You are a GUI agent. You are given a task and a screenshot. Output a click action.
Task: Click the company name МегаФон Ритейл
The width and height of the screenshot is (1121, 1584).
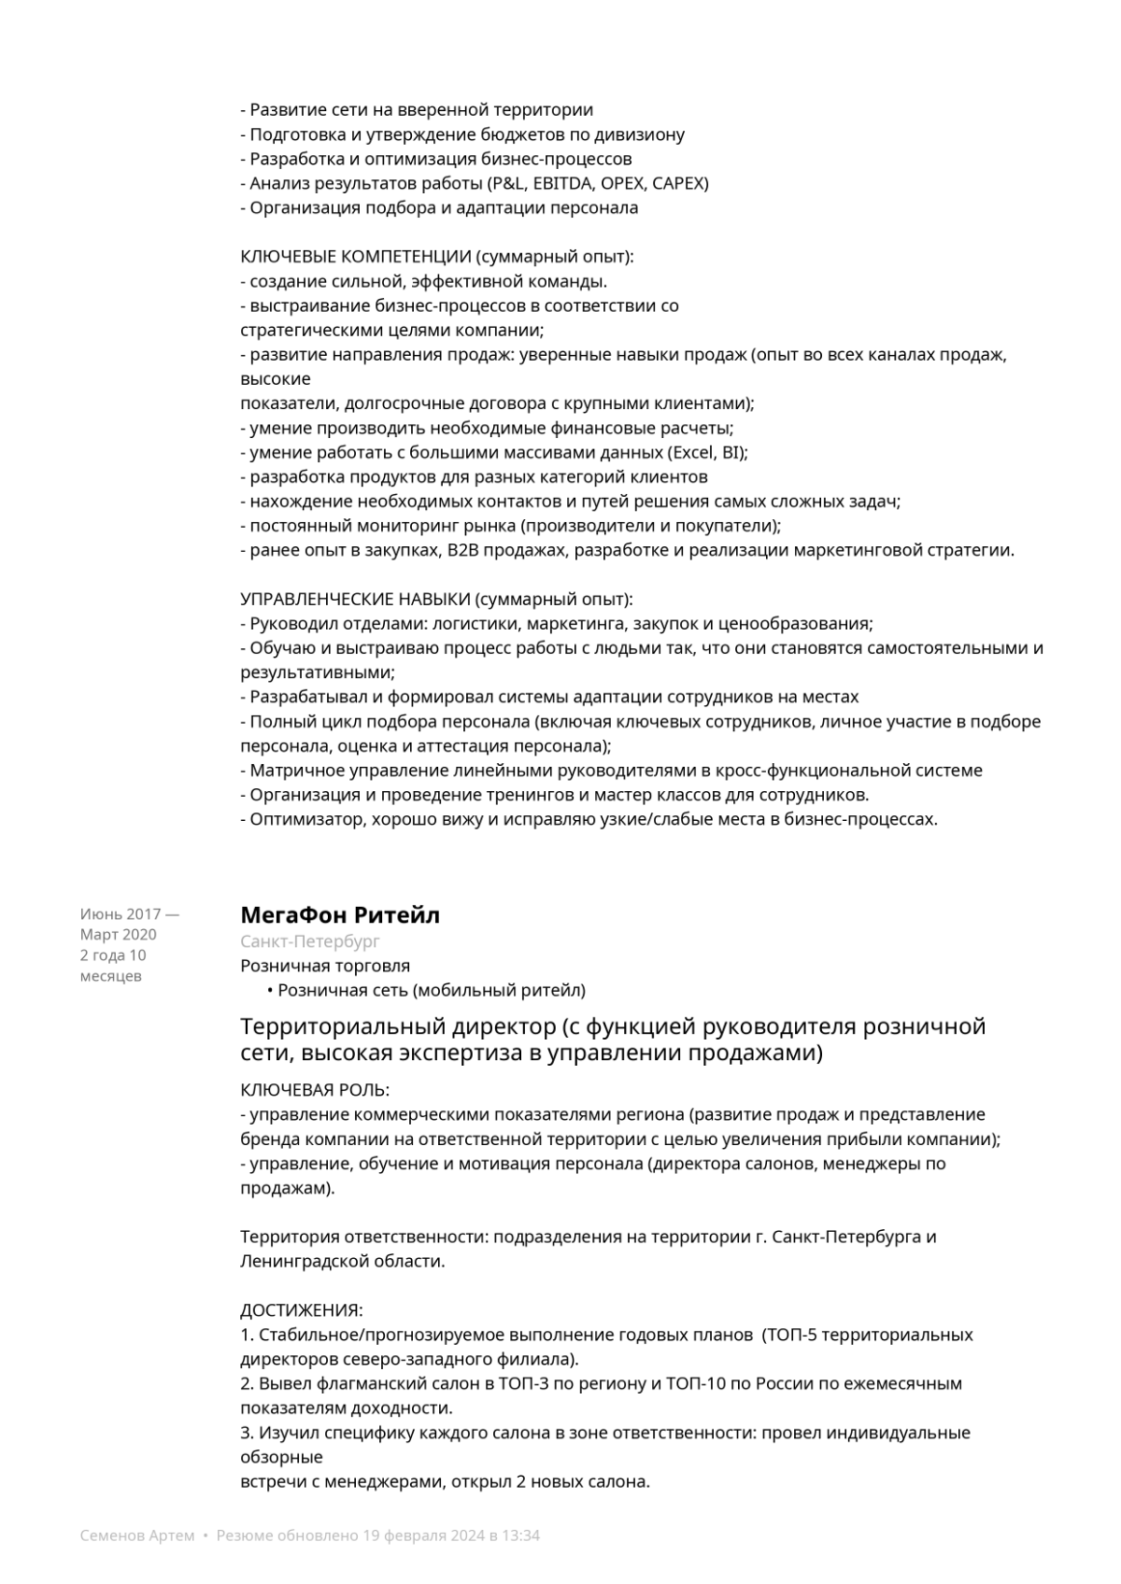point(340,915)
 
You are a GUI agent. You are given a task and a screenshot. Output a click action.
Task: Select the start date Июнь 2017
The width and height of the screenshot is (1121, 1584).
point(121,914)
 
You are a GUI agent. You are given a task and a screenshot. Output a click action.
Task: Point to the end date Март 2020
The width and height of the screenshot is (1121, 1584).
point(119,935)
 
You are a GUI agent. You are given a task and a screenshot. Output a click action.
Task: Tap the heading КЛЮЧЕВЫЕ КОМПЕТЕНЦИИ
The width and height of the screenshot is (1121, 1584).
point(356,257)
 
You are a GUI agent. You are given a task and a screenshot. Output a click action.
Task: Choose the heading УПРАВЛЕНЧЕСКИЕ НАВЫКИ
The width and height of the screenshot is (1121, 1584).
point(355,600)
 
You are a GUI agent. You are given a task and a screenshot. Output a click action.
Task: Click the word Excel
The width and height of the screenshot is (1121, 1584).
point(692,453)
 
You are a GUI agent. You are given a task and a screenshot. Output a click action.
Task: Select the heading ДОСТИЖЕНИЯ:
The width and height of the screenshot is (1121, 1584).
point(302,1310)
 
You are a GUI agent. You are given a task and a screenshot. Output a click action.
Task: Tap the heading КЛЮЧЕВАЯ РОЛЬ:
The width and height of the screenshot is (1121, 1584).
point(315,1091)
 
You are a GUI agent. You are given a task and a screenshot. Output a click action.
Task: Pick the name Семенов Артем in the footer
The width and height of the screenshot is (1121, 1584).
point(137,1535)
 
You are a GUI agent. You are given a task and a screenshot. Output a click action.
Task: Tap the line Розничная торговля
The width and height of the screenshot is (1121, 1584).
point(325,966)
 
